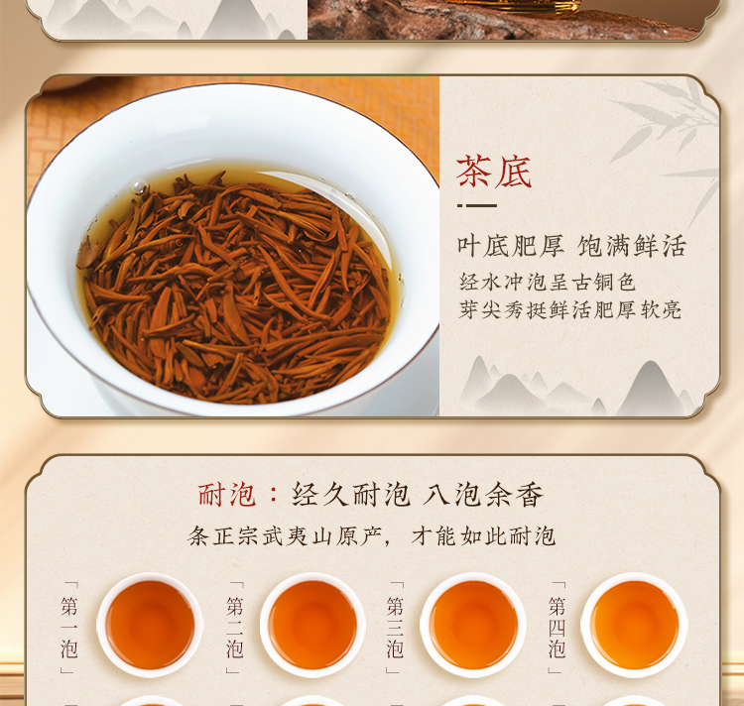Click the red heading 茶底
(493, 172)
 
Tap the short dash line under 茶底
(477, 206)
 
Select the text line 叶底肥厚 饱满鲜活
(571, 246)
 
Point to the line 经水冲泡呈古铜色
(547, 283)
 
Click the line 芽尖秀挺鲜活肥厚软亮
(569, 310)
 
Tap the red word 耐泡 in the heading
(227, 495)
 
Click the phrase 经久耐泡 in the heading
(350, 495)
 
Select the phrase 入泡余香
(482, 495)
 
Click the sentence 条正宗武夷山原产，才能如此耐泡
(371, 536)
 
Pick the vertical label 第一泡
(68, 628)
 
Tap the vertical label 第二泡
(234, 628)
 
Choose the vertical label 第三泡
(395, 628)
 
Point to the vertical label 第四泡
(557, 628)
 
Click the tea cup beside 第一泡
(150, 625)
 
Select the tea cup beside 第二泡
(312, 625)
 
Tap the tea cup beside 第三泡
(473, 625)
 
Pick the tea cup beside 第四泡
(634, 625)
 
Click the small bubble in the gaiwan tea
(140, 187)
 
